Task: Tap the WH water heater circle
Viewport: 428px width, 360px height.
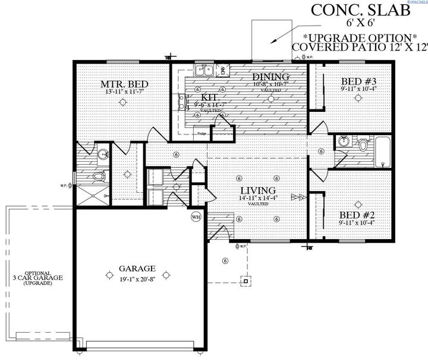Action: [196, 217]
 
